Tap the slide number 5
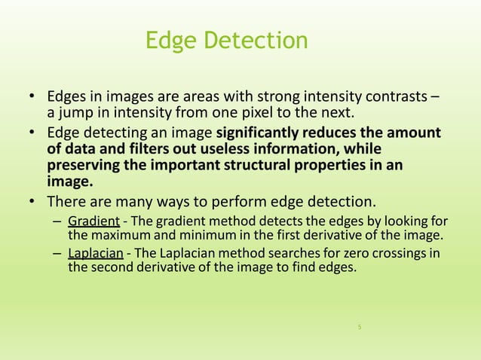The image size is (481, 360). tap(360, 327)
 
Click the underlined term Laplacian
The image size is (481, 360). tap(96, 252)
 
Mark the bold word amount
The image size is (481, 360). tap(415, 133)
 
